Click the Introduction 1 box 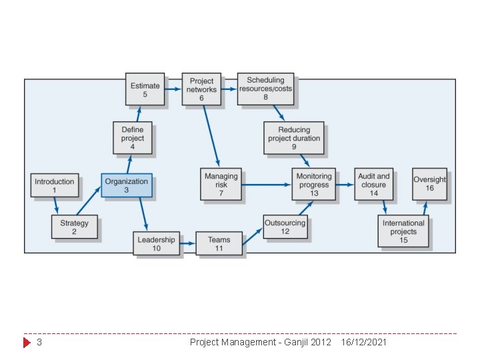[x=55, y=185]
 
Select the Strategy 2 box [x=74, y=227]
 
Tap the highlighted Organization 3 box [x=127, y=185]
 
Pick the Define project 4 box [x=133, y=138]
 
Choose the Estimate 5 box [x=145, y=89]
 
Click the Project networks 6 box [x=201, y=89]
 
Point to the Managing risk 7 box [x=221, y=184]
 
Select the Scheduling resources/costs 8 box [x=265, y=89]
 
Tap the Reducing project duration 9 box [x=294, y=138]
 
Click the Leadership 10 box [x=157, y=244]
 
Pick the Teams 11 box [x=219, y=244]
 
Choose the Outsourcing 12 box [x=285, y=227]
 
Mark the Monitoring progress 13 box [x=313, y=184]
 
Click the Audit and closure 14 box [x=373, y=185]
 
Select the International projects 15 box [x=403, y=231]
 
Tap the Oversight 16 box [x=430, y=184]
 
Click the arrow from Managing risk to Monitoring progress [x=266, y=185]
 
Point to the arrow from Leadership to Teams [x=188, y=244]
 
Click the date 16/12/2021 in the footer [x=363, y=342]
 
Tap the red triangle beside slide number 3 [x=27, y=343]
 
